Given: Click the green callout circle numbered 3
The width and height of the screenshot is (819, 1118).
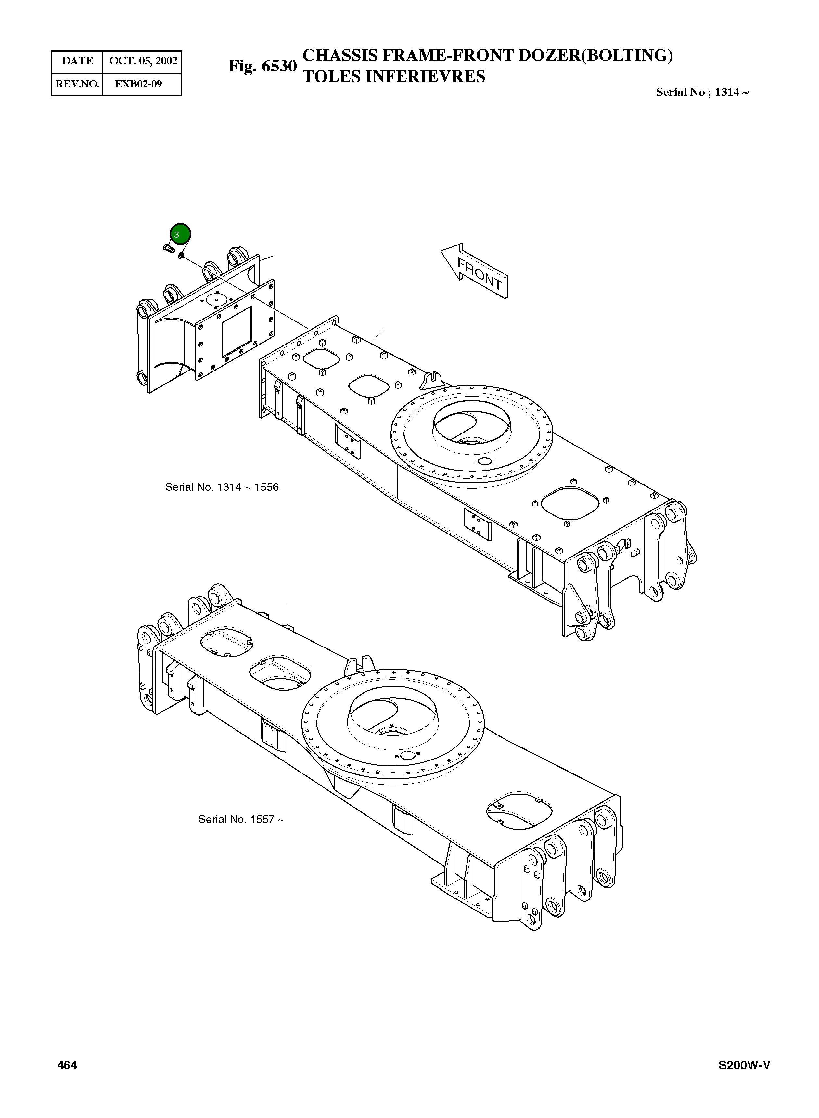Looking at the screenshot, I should click(180, 234).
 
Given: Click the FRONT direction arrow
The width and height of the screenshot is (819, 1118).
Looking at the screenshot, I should click(476, 271).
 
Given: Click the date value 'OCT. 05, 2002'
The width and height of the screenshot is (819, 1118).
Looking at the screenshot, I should click(143, 61).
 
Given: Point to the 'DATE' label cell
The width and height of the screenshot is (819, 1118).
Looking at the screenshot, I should click(77, 61).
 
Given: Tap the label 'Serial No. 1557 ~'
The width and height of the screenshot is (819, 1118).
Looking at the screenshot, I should click(241, 819).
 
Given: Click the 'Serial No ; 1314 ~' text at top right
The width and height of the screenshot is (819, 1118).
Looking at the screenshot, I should click(702, 92).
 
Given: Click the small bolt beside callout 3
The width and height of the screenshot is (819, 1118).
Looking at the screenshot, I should click(168, 248).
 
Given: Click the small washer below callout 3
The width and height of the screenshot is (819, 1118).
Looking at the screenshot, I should click(182, 255).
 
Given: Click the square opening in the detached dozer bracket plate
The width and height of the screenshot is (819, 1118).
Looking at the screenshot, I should click(237, 331).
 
